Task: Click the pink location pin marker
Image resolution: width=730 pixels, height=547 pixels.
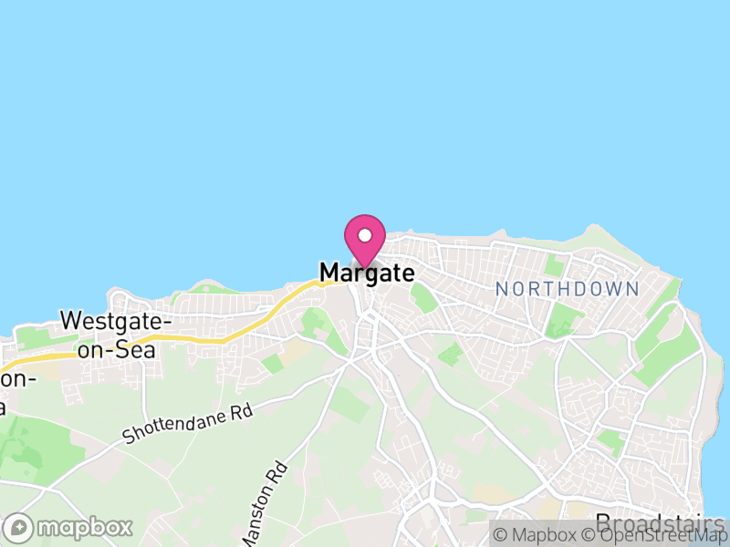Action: [365, 240]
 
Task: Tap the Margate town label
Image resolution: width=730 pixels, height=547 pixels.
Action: [367, 273]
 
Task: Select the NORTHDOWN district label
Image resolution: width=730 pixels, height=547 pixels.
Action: [567, 289]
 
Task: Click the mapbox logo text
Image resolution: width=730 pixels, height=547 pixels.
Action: [84, 528]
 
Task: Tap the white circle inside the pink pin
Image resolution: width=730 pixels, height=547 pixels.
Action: [365, 234]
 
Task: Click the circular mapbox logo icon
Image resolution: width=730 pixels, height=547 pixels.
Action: [20, 528]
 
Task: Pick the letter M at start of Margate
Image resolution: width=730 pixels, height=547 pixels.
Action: [328, 273]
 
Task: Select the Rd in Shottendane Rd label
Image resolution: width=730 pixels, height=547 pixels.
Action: [240, 411]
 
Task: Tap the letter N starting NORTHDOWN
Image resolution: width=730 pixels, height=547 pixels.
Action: [501, 289]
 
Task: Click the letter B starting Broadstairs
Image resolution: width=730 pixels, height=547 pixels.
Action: [603, 523]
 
